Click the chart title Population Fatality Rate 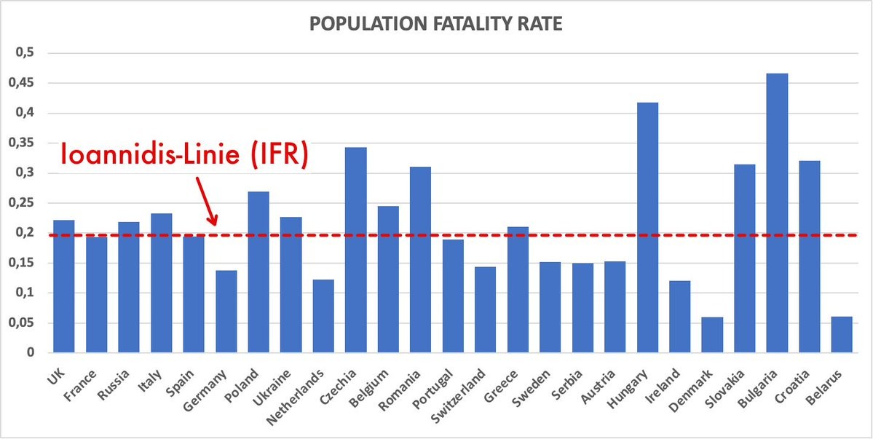[x=435, y=23]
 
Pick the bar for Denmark [x=712, y=335]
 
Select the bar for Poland [x=258, y=272]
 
